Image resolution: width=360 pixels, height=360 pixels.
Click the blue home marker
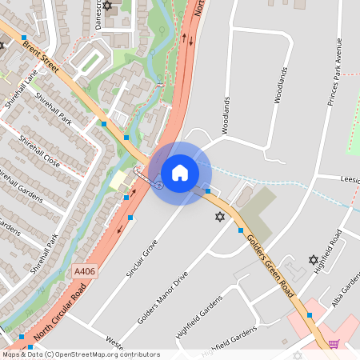coord(180,172)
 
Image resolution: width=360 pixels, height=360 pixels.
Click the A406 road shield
coord(83,272)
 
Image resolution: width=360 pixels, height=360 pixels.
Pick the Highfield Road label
coord(328,250)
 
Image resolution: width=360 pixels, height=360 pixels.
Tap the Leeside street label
coord(350,179)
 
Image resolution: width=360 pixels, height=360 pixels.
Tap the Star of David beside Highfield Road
coord(313,259)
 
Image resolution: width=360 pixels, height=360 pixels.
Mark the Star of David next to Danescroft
coord(108,6)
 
